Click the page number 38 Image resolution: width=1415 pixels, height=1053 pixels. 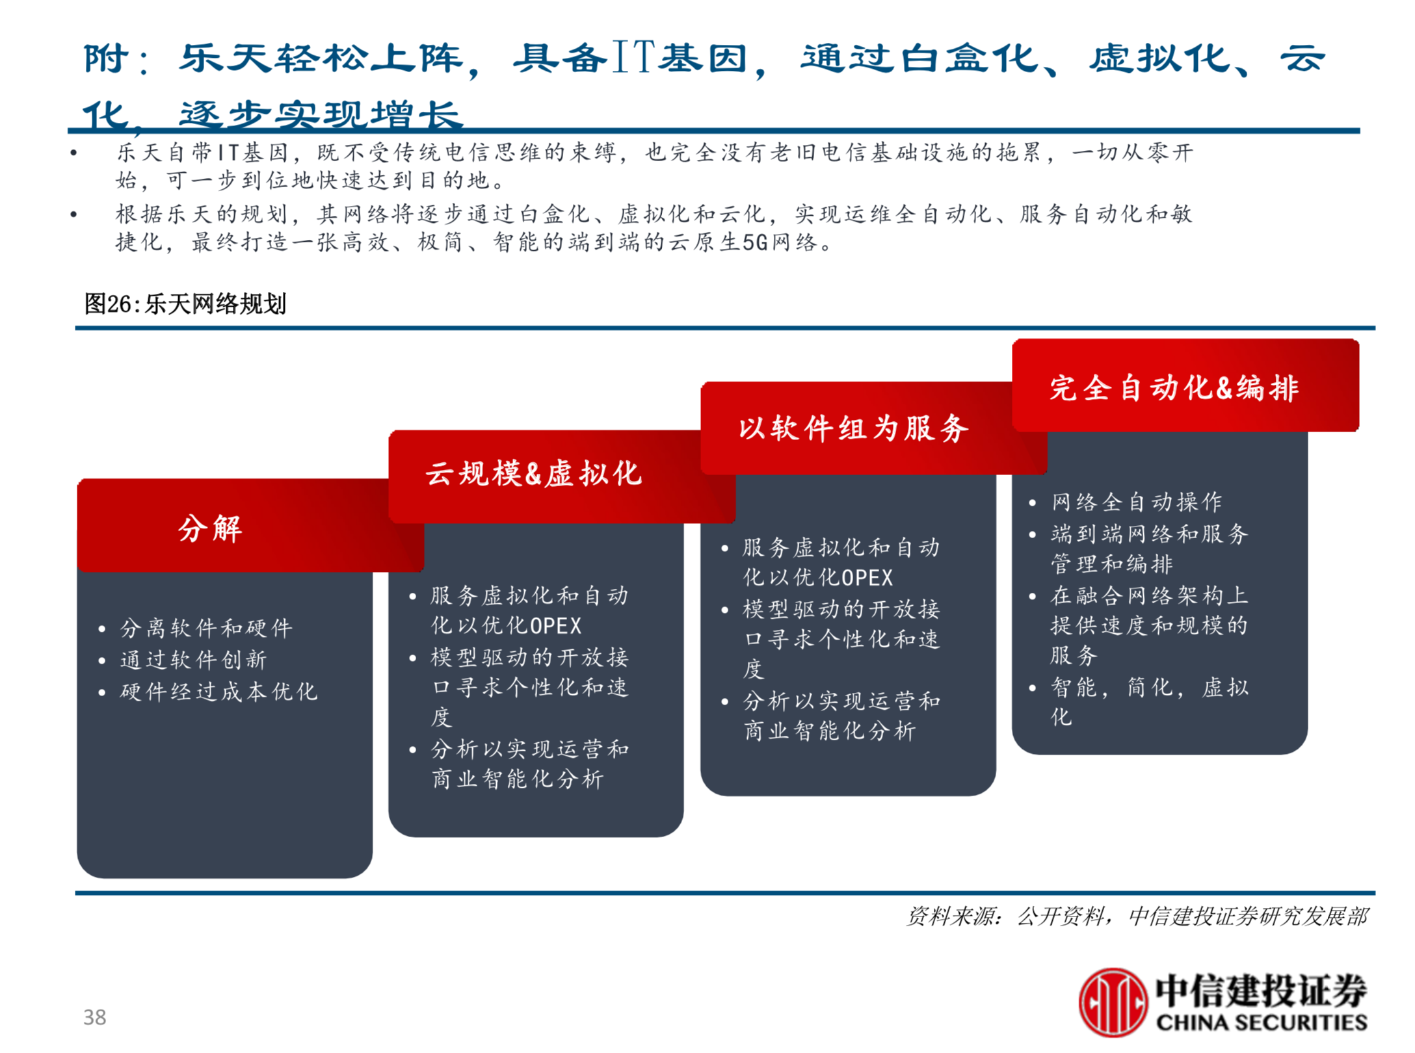pos(94,1017)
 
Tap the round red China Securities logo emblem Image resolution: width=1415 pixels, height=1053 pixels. pos(1112,1002)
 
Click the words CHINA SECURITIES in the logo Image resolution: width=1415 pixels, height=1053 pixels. pos(1261,1022)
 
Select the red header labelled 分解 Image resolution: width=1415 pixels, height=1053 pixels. pos(210,528)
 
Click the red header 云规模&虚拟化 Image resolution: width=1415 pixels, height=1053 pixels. pos(533,473)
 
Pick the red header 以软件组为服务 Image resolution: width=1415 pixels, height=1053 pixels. pos(853,429)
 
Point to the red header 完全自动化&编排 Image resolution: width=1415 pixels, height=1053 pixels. pos(1174,388)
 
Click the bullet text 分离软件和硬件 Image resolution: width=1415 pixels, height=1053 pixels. pos(206,628)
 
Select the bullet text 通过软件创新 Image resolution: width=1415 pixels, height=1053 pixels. pos(193,660)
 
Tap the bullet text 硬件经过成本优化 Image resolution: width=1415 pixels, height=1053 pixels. pos(218,692)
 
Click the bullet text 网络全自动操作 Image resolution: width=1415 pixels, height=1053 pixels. pos(1137,502)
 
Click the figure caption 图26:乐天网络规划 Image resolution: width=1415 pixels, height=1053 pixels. pos(185,304)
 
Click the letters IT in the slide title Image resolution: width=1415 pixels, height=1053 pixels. pos(633,57)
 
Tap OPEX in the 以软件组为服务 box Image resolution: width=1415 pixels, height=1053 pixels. pos(867,577)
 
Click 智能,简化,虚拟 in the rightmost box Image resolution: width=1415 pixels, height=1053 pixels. pos(1150,687)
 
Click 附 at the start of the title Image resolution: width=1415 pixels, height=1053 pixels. pos(105,58)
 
